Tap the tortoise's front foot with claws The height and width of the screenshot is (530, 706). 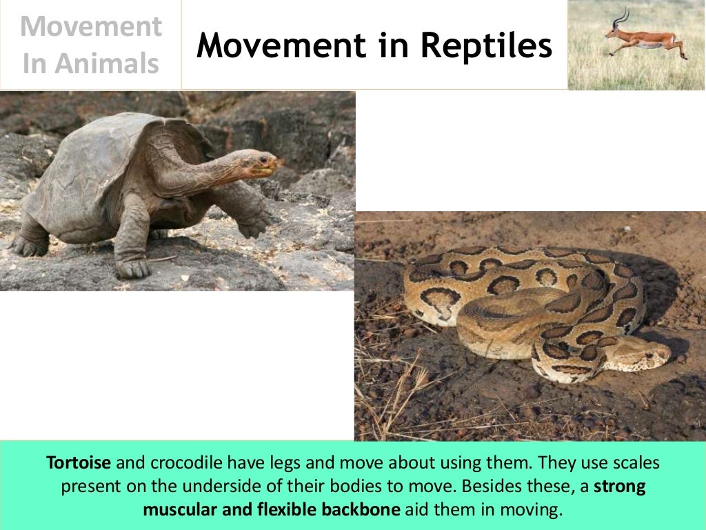[x=133, y=266]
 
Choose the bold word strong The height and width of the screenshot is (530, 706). [x=621, y=487]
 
